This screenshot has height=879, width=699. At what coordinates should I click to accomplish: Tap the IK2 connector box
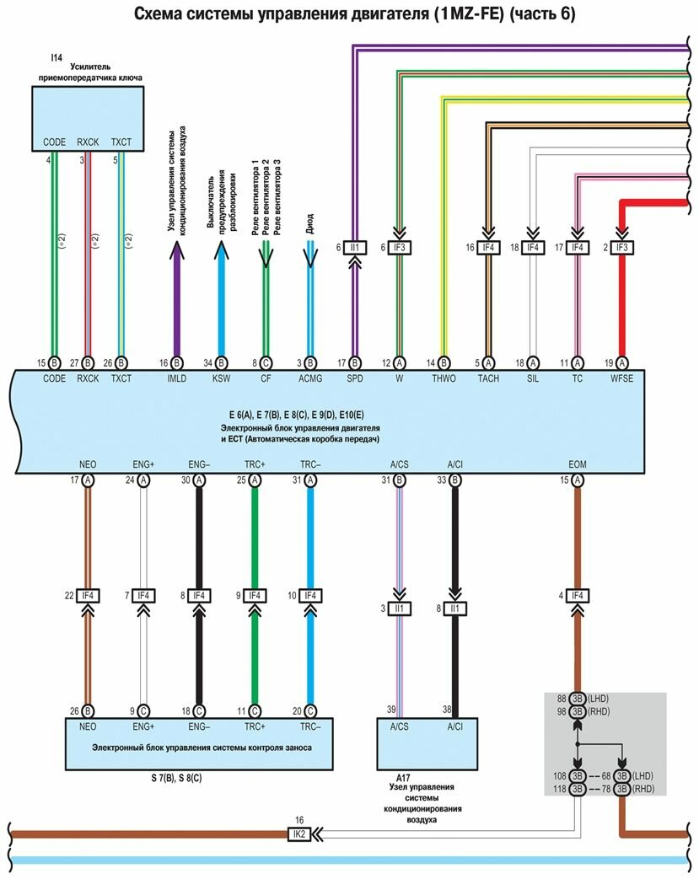click(298, 833)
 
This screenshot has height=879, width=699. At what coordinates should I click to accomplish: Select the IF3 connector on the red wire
click(621, 248)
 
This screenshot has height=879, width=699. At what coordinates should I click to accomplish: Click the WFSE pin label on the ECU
click(621, 378)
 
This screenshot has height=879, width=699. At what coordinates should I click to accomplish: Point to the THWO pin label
click(443, 378)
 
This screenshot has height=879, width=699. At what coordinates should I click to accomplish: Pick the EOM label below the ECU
click(578, 464)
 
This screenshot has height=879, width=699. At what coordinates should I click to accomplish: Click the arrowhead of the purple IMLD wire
click(177, 248)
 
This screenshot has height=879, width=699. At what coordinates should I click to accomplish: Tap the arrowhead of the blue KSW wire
click(221, 248)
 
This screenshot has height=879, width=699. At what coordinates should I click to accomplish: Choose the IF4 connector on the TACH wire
click(487, 248)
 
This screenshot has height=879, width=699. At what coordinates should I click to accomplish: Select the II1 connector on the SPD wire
click(354, 248)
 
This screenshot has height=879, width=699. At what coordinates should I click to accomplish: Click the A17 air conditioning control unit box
click(426, 742)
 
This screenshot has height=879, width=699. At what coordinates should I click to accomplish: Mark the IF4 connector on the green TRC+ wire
click(255, 596)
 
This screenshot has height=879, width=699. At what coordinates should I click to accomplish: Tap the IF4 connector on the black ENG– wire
click(199, 596)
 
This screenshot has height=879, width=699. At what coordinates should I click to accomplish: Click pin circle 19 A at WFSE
click(621, 362)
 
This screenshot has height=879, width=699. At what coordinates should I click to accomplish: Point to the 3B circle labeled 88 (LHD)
click(578, 699)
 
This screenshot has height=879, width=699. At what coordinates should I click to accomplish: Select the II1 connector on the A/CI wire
click(454, 608)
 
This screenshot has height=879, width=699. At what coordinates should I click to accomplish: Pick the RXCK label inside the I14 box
click(88, 142)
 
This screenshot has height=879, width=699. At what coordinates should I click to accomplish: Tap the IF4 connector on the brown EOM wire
click(578, 596)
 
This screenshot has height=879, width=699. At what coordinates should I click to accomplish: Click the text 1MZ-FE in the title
click(463, 14)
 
